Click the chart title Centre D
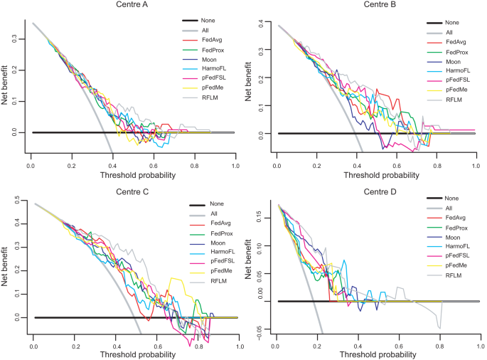point(378,190)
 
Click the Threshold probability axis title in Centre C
point(135,354)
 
